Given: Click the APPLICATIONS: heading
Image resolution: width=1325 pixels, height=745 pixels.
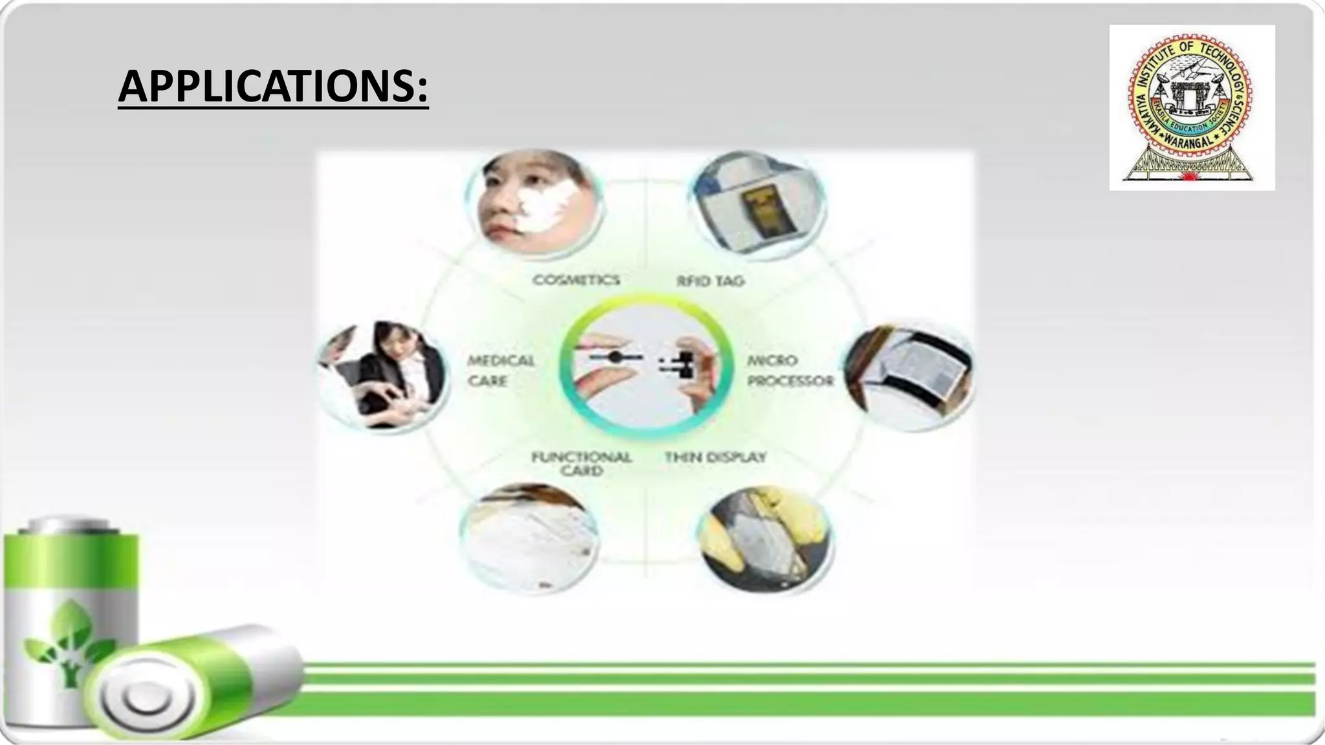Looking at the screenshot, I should point(273,87).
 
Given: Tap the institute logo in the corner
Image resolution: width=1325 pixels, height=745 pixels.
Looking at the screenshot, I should point(1192,107).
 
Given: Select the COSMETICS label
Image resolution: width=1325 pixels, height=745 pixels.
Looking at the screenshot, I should point(576,280).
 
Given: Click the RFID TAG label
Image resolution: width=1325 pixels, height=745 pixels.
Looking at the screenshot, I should point(710,281).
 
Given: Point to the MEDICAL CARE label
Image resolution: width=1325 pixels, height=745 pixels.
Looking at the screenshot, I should point(501,371).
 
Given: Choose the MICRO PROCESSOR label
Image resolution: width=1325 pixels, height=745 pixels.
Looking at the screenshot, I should point(790,371).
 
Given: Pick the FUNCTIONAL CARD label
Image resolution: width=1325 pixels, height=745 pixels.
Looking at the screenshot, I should point(581,464).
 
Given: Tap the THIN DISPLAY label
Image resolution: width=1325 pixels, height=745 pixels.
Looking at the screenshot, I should point(715,457).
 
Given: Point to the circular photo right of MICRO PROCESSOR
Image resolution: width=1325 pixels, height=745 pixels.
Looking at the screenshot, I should point(909,375).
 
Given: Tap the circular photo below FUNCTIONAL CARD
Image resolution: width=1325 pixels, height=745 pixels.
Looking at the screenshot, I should point(529,538).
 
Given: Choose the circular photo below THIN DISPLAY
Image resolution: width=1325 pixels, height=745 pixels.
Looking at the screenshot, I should point(766,539).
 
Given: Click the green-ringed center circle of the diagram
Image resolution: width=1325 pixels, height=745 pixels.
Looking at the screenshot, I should point(646,367).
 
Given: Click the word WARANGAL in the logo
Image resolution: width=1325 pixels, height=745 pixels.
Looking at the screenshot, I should point(1190,139).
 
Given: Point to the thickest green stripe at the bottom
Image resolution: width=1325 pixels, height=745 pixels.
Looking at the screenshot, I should point(809,704).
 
